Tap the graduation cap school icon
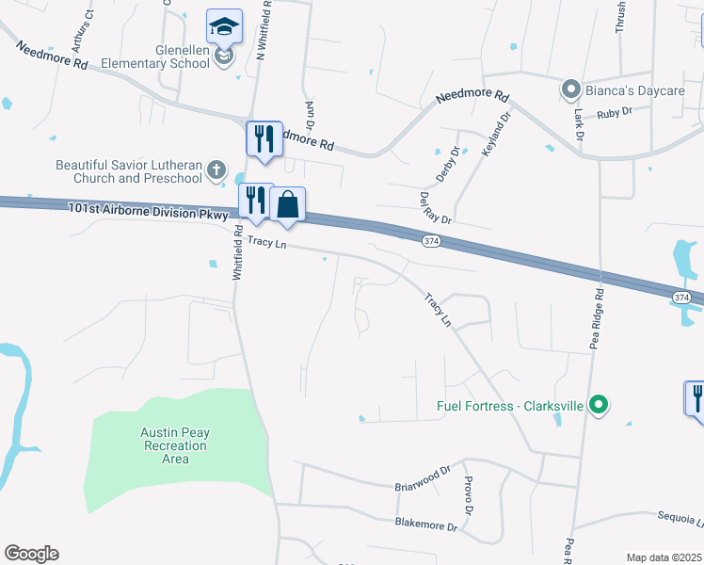225,27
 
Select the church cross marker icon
216,170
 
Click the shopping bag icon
287,203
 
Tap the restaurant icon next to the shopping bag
254,199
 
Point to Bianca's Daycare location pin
570,90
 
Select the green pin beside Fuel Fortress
597,406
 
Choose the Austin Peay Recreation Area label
175,445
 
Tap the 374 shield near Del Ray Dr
430,242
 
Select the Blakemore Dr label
432,524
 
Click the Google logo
31,554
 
